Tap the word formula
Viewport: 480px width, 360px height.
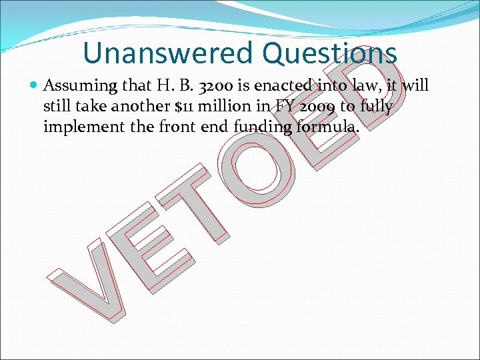pos(329,126)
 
